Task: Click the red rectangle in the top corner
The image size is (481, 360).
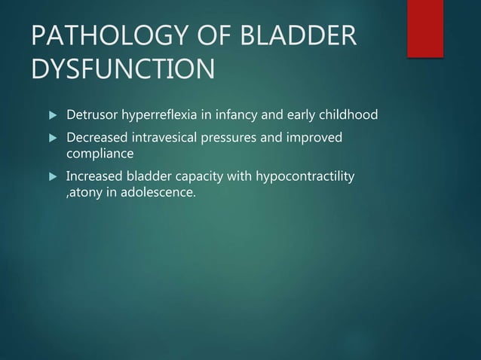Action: coord(424,28)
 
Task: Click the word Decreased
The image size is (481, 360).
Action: coord(96,139)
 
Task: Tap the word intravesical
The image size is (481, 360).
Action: coord(167,139)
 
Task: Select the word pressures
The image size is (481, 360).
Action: coord(236,139)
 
